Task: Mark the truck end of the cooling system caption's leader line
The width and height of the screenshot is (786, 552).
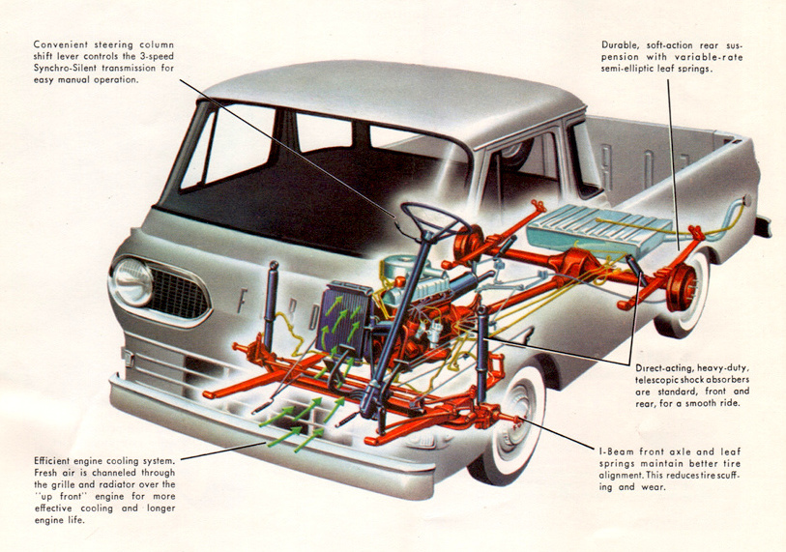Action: pyautogui.click(x=265, y=443)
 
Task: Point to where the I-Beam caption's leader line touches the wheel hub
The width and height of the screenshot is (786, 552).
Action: pyautogui.click(x=520, y=419)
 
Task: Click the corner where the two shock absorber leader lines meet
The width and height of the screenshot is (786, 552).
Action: pyautogui.click(x=629, y=364)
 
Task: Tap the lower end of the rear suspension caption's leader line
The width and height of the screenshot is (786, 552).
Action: pyautogui.click(x=679, y=249)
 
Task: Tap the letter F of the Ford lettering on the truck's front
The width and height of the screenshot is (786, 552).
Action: pyautogui.click(x=243, y=300)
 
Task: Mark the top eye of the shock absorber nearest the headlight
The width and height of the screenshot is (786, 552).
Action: pyautogui.click(x=274, y=264)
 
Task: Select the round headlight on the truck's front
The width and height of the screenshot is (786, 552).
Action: pyautogui.click(x=132, y=281)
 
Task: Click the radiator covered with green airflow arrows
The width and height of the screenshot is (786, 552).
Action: pyautogui.click(x=344, y=319)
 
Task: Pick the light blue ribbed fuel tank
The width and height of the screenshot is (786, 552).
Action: pyautogui.click(x=599, y=232)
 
